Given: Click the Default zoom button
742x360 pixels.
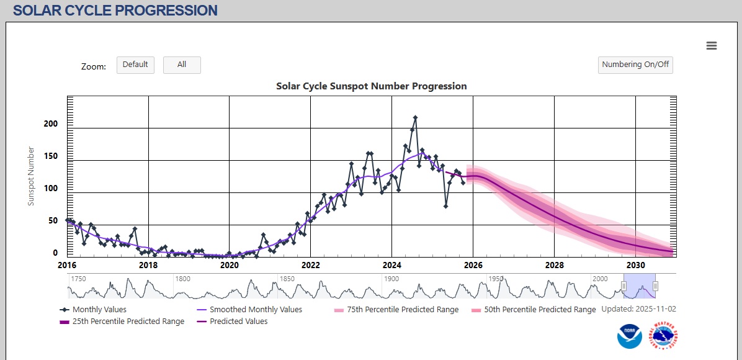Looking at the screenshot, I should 135,65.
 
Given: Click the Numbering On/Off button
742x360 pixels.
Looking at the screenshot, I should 635,65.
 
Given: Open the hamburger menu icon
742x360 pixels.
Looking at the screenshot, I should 712,45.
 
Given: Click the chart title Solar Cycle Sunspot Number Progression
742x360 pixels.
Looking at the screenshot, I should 371,86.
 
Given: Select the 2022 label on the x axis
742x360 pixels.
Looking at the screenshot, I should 311,265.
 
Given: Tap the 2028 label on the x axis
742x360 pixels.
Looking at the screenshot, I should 554,265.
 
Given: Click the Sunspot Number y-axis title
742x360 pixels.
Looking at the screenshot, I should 32,176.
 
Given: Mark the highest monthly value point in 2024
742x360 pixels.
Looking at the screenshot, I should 415,117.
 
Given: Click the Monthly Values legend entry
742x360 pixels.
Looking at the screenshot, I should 99,309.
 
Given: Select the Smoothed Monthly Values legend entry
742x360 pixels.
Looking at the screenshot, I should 256,309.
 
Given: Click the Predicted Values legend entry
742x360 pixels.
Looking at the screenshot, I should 238,322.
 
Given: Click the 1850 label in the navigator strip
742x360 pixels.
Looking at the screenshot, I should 287,279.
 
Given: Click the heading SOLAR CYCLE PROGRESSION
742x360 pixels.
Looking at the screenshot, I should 115,11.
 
